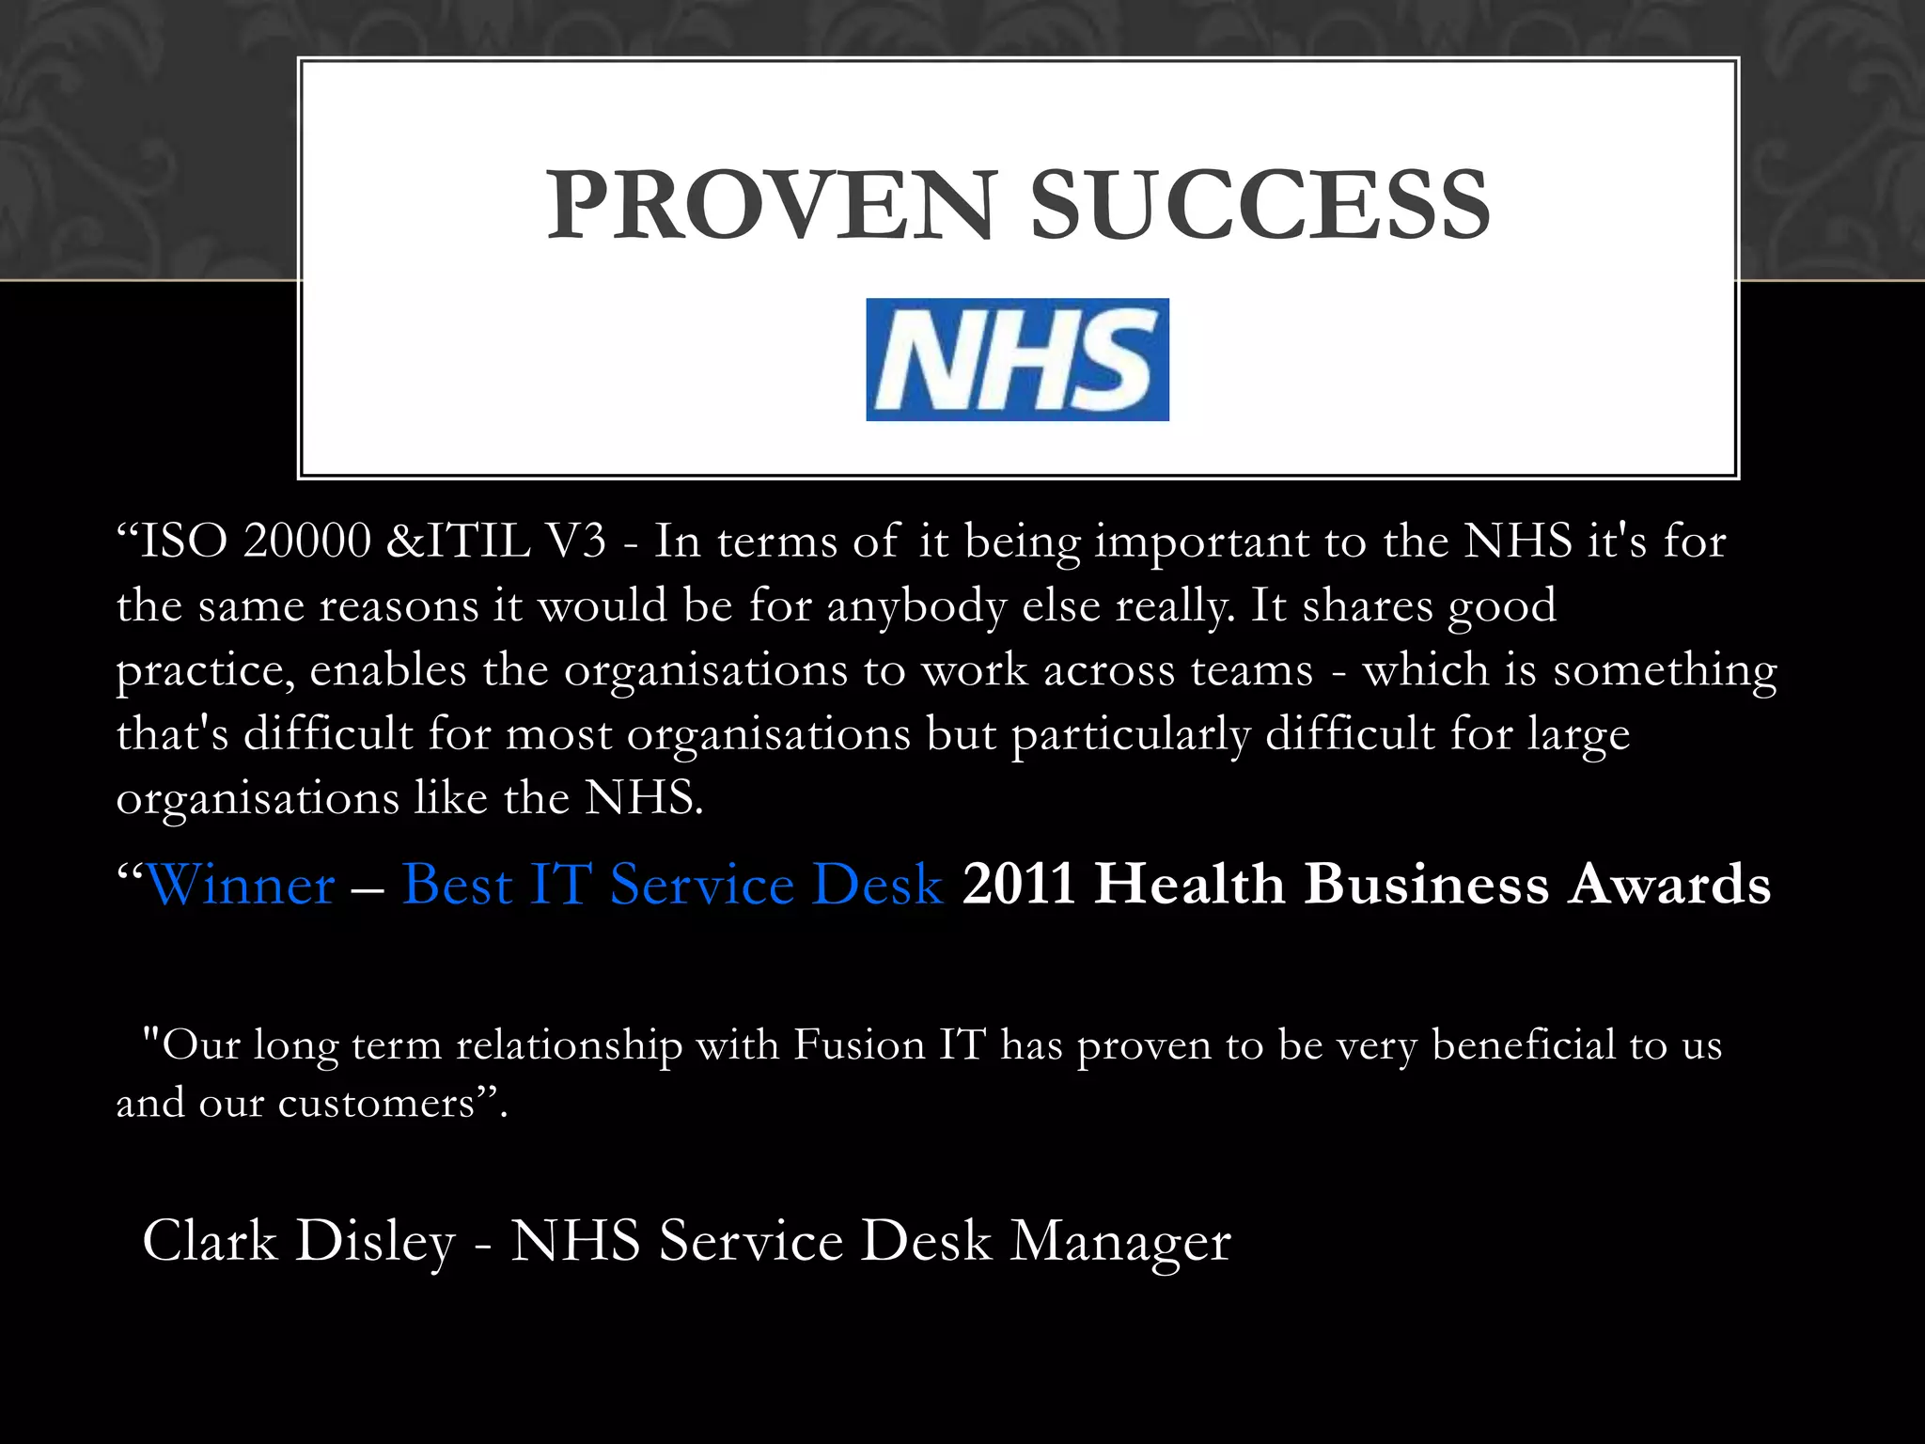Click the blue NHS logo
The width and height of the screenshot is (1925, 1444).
click(x=1017, y=359)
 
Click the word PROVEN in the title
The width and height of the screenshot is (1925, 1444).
click(x=770, y=205)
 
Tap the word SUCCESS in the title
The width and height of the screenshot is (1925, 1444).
click(x=1260, y=205)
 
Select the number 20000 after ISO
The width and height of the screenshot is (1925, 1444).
click(x=307, y=541)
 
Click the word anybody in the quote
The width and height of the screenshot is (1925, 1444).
click(x=916, y=606)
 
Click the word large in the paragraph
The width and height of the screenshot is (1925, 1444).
click(x=1578, y=735)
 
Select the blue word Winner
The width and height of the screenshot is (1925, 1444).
click(x=241, y=885)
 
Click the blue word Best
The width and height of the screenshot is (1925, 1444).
click(x=458, y=885)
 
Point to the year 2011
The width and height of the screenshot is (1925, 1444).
click(x=1019, y=885)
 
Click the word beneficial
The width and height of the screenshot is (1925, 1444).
click(x=1523, y=1045)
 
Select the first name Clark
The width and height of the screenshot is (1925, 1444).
click(x=210, y=1241)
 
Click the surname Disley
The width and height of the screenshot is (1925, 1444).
click(x=375, y=1241)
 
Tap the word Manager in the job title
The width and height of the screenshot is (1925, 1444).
click(x=1120, y=1241)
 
